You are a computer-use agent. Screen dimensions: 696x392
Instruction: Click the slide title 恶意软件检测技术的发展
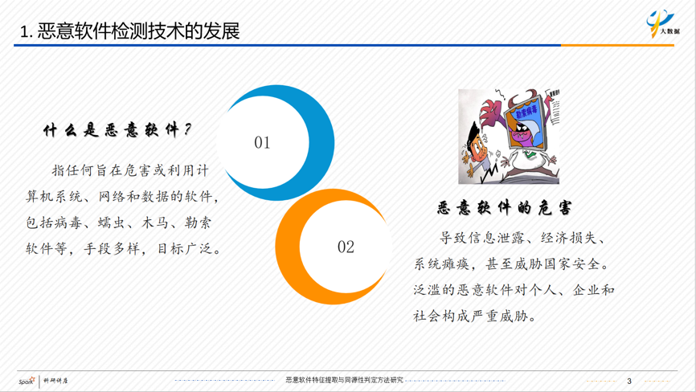[138, 31]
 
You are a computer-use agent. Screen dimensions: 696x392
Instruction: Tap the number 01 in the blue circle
[262, 142]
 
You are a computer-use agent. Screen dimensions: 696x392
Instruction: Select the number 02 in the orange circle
[346, 247]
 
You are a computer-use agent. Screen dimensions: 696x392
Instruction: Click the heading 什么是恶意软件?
[117, 130]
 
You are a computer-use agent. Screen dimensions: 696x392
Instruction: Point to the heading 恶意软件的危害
[504, 207]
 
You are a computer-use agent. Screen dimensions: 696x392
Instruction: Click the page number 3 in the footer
[629, 381]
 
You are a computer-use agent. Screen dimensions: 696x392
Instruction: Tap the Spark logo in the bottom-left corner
[27, 381]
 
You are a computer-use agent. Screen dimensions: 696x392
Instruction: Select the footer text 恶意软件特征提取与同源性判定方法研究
[345, 380]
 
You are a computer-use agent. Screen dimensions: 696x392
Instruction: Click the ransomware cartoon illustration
[509, 136]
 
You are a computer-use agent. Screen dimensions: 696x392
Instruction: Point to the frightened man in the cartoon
[477, 152]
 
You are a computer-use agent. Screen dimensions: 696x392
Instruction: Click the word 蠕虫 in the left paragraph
[111, 223]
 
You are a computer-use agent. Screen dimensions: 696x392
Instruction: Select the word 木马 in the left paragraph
[154, 223]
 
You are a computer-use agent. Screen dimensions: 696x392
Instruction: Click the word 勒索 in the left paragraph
[198, 223]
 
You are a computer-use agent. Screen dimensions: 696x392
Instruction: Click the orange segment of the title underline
[617, 45]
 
